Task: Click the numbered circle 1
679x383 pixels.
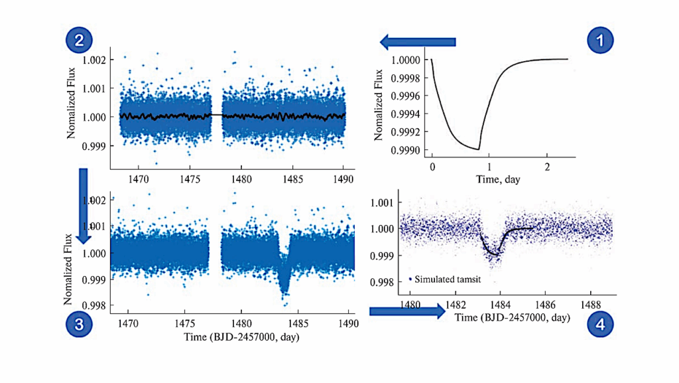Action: click(x=601, y=41)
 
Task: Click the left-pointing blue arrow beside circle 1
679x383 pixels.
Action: click(x=418, y=42)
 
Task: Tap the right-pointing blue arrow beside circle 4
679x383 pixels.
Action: click(x=406, y=312)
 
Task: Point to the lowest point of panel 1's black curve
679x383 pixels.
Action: click(x=477, y=149)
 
